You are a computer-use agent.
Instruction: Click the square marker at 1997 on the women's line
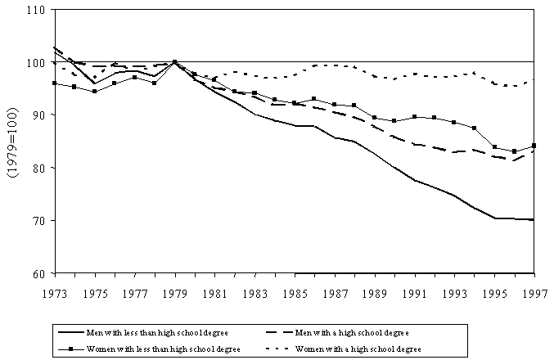(534, 146)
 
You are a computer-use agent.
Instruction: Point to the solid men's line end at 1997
(534, 220)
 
